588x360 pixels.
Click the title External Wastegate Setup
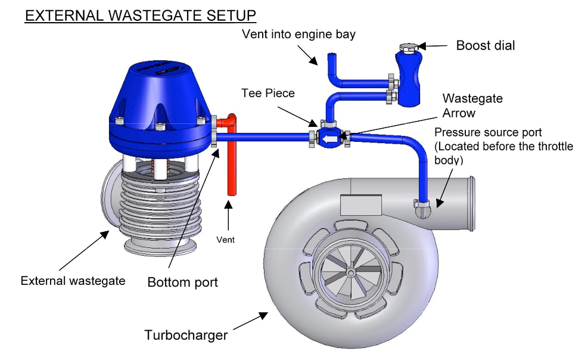coord(141,15)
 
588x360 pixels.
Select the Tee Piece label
coord(268,94)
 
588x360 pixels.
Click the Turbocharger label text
coord(186,335)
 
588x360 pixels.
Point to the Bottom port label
coord(183,282)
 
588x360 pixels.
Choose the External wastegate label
coord(73,280)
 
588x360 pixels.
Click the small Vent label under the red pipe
coord(225,240)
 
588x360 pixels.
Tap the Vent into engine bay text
coord(298,34)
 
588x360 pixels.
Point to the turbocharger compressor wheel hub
coord(352,272)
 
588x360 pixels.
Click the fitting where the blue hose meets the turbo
coord(422,206)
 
